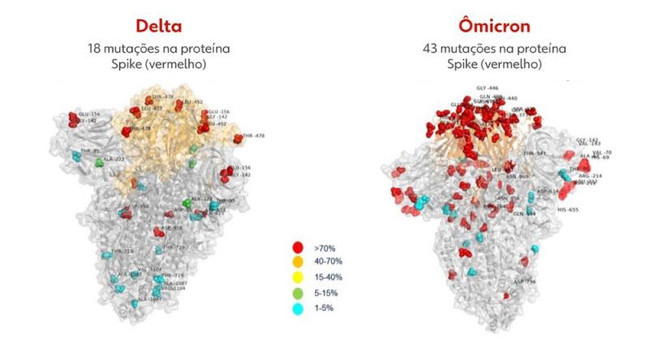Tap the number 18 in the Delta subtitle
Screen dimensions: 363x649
(x=95, y=49)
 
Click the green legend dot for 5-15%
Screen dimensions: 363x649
(x=298, y=293)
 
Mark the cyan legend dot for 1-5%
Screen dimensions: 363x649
(x=298, y=309)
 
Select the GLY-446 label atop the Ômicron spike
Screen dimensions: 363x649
(x=491, y=88)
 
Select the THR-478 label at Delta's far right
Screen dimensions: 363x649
(x=254, y=136)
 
